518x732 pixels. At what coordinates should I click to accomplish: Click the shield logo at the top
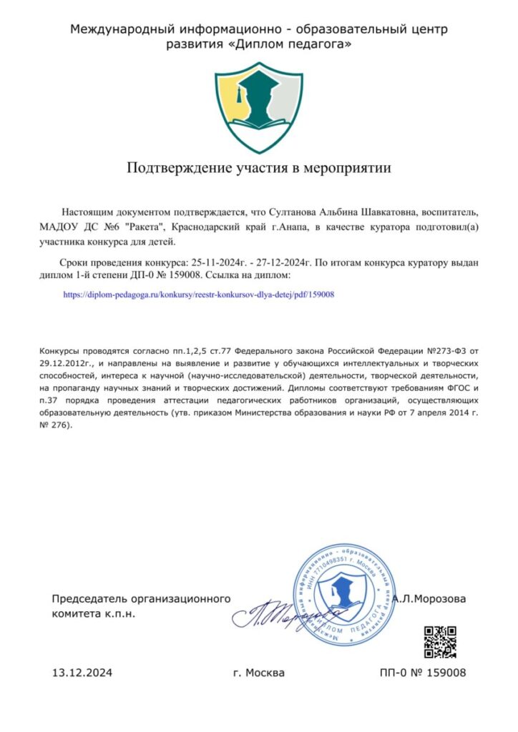click(x=259, y=107)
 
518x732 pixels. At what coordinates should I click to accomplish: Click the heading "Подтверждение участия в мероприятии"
click(x=259, y=169)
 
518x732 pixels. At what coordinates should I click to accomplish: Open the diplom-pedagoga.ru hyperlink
click(x=200, y=294)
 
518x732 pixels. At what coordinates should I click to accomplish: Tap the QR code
click(x=440, y=642)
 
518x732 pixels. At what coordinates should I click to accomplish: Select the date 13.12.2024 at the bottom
click(x=82, y=673)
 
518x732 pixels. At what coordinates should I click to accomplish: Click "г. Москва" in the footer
click(x=259, y=673)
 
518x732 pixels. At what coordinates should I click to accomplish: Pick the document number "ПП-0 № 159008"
click(x=423, y=673)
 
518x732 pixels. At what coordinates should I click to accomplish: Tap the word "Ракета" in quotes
click(x=144, y=227)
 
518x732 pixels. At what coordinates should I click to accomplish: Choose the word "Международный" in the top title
click(x=112, y=29)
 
